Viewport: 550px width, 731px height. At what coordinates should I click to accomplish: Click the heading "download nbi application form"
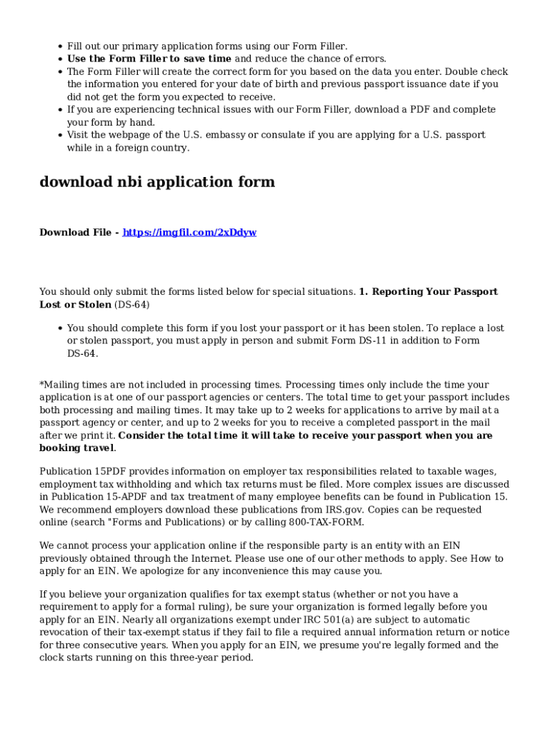157,182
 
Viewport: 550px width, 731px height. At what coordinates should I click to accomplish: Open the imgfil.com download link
190,233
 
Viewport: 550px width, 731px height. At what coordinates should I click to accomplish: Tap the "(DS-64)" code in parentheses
132,305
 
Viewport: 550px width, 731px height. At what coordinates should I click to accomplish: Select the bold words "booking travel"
76,448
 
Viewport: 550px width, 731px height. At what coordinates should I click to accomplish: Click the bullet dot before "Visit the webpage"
59,135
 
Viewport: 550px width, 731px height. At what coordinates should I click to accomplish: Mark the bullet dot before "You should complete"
59,328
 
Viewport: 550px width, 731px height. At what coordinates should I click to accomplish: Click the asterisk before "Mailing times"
41,385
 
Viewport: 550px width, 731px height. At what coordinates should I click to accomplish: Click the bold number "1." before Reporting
364,292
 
